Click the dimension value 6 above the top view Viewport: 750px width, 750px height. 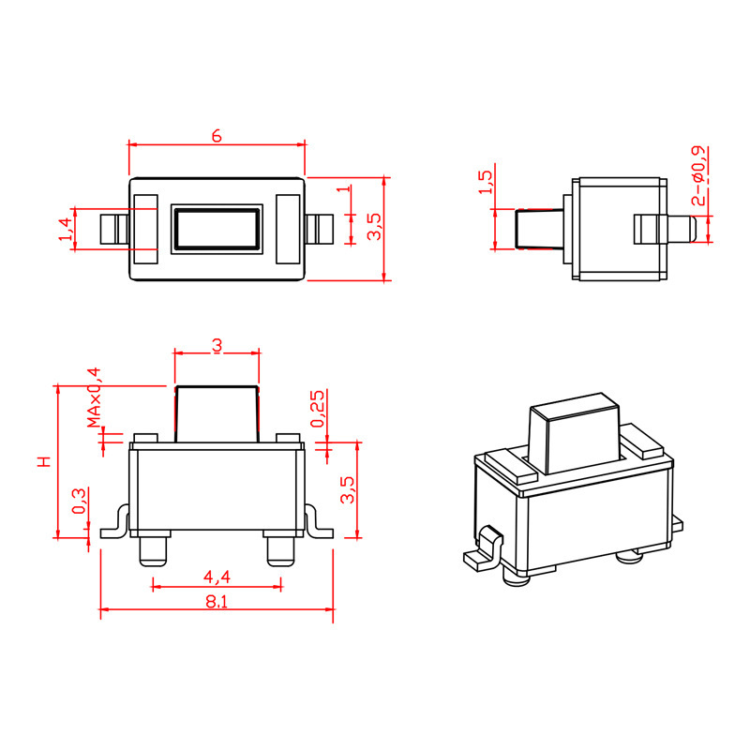[x=217, y=136]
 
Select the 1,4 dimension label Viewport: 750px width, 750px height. [x=65, y=229]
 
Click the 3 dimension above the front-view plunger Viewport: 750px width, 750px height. [x=217, y=345]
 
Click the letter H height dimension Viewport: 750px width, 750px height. [x=43, y=461]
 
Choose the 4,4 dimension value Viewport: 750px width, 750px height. [x=217, y=576]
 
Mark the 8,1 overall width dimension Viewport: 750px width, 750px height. [x=217, y=601]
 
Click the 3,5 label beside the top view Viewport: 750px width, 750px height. [x=374, y=227]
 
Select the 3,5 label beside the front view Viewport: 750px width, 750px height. [x=348, y=489]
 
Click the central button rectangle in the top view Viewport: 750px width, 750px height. [x=217, y=228]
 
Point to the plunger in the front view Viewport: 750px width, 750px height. [x=217, y=412]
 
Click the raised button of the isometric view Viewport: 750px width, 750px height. [x=573, y=436]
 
